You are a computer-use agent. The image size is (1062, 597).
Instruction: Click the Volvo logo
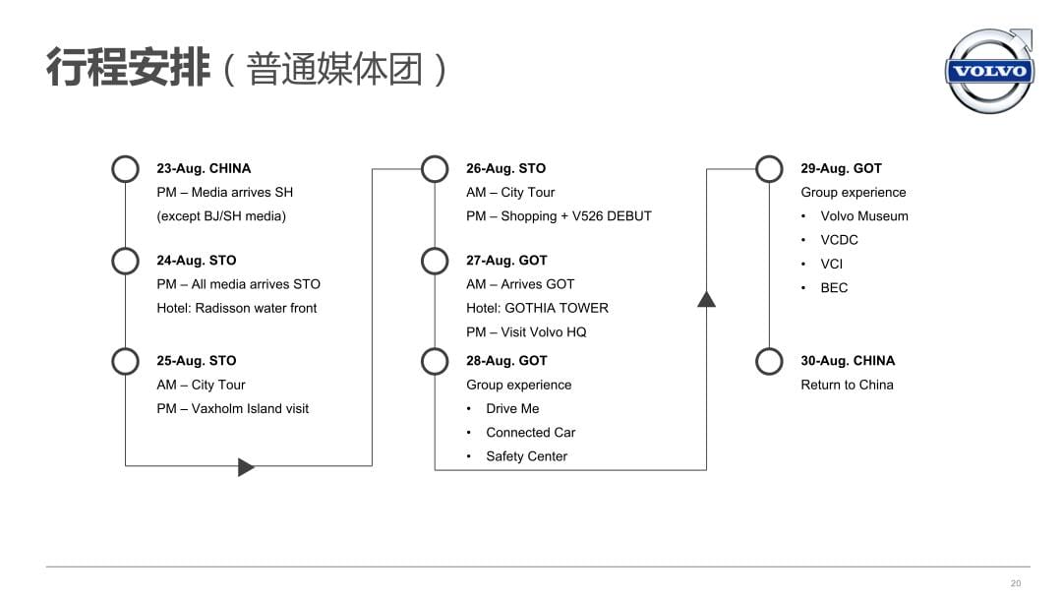point(989,71)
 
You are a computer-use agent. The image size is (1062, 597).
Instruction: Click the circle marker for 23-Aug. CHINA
point(125,156)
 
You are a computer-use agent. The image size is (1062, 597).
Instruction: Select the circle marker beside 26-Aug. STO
point(435,156)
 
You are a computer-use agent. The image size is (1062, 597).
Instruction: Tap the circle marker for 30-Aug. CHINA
point(769,349)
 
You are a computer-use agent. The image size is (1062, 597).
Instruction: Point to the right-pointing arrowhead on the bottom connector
point(246,467)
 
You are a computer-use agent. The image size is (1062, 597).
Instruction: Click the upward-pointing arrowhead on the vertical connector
point(706,300)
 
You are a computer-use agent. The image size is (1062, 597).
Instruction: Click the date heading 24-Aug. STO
point(197,261)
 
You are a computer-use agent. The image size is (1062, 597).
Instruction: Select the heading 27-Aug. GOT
point(506,261)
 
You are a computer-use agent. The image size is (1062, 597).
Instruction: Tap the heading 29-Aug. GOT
point(841,168)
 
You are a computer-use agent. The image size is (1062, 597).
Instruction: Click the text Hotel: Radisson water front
point(236,308)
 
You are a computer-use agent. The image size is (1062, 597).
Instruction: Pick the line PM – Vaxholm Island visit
point(232,408)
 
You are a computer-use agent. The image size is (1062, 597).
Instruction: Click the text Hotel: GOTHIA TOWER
point(537,308)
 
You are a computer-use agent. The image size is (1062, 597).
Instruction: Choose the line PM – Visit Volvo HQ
point(526,332)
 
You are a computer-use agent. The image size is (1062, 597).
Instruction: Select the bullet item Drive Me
point(512,408)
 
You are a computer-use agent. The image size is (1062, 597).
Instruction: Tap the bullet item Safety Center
point(527,456)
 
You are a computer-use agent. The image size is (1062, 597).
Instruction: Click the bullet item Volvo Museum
point(864,216)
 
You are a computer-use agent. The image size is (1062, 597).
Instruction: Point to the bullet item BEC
point(834,288)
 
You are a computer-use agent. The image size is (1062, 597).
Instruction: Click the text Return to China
point(847,385)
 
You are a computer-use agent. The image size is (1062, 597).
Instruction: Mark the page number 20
point(1015,583)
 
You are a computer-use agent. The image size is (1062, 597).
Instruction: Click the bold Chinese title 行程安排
point(128,68)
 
